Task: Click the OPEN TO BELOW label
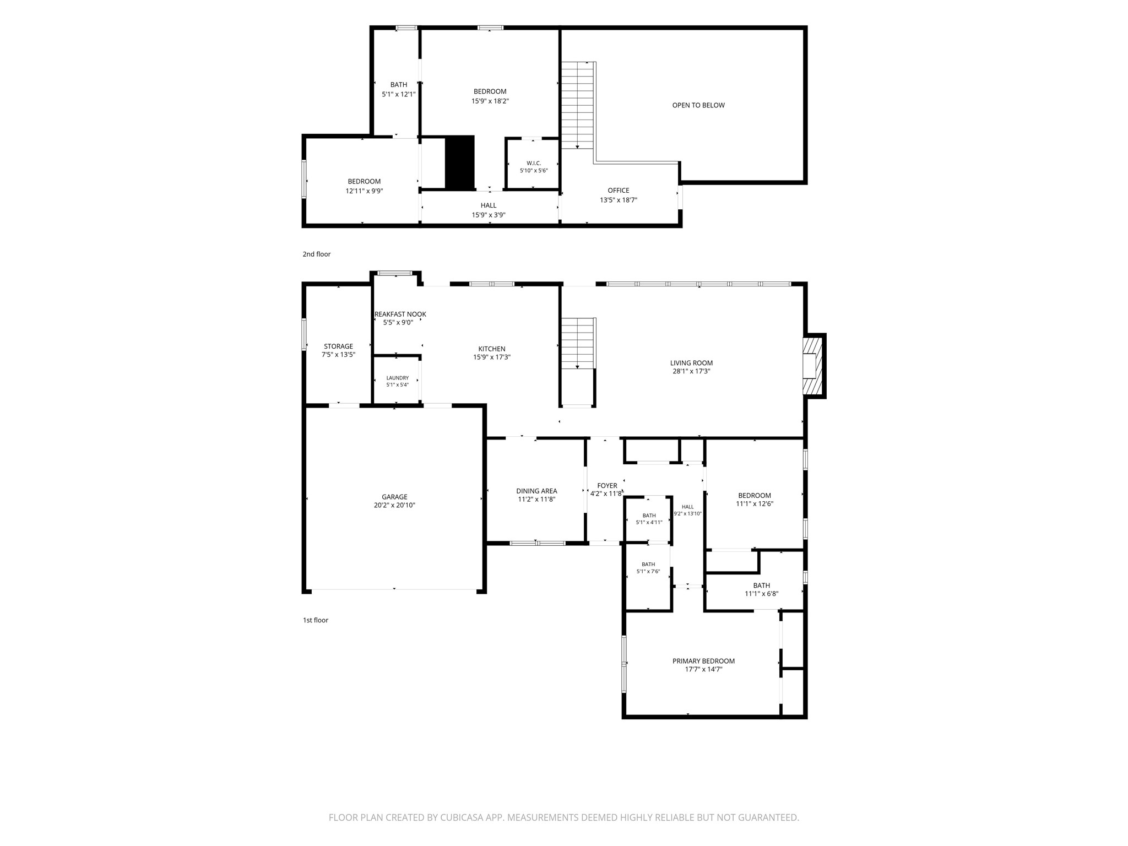coord(698,105)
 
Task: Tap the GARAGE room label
coord(394,497)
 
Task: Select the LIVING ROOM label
coord(691,363)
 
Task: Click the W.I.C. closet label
coord(534,163)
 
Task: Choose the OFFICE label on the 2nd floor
coord(619,191)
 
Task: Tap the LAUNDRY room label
coord(397,378)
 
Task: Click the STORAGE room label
coord(338,346)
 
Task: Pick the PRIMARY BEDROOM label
coord(703,661)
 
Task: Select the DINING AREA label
coord(536,491)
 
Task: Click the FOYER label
coord(607,486)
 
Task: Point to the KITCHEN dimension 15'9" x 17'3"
coord(492,357)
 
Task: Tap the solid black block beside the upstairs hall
coord(459,163)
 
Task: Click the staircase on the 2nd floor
coord(578,105)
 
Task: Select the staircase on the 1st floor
coord(578,343)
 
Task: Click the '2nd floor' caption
coord(317,254)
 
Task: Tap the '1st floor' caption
coord(316,620)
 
